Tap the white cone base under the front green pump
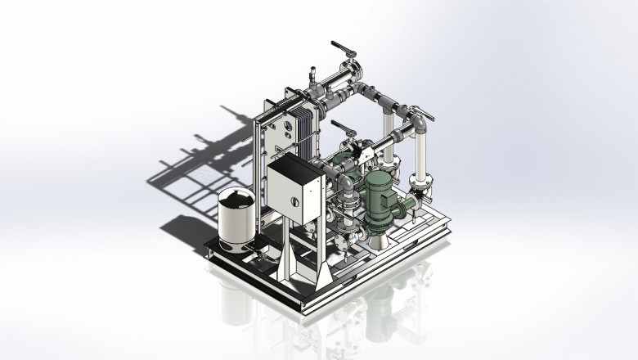coord(382,237)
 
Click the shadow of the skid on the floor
coord(204,164)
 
